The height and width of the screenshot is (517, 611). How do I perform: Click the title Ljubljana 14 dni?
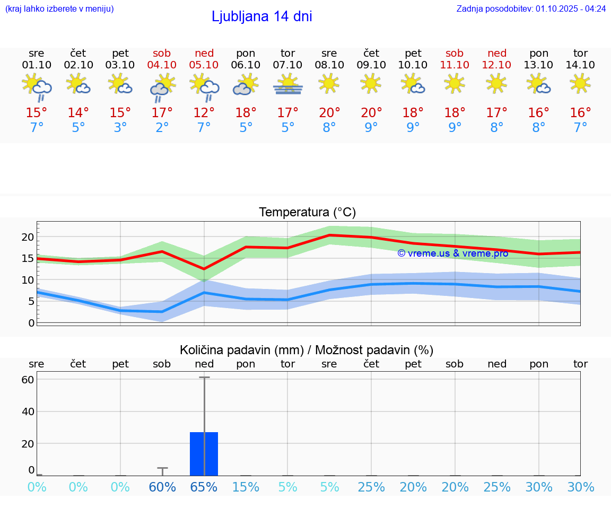tap(261, 16)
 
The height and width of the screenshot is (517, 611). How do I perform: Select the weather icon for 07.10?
tap(287, 85)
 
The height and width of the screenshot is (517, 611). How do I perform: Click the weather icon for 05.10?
tap(204, 86)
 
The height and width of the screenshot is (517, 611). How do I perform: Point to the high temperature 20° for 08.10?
tap(329, 113)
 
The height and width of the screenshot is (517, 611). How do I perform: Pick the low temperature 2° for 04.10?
tap(162, 128)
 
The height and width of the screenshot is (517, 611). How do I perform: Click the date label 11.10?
tap(455, 65)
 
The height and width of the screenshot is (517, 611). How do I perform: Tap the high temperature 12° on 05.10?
tap(204, 113)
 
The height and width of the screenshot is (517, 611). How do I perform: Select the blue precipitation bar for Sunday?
tap(204, 454)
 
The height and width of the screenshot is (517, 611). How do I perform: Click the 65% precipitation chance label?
tap(204, 487)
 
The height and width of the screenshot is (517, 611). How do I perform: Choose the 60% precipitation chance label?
tap(162, 487)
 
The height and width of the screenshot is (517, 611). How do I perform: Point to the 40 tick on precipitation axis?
tap(28, 411)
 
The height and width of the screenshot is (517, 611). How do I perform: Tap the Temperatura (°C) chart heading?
tap(307, 213)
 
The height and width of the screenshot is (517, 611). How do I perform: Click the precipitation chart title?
tap(307, 350)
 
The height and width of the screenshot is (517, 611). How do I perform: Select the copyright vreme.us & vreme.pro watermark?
tap(453, 253)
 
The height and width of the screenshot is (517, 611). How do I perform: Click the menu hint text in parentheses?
tap(59, 8)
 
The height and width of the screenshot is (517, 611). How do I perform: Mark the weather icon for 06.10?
tap(246, 85)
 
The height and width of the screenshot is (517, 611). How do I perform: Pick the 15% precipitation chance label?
tap(246, 487)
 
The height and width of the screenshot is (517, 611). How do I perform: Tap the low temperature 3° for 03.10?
tap(120, 128)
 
